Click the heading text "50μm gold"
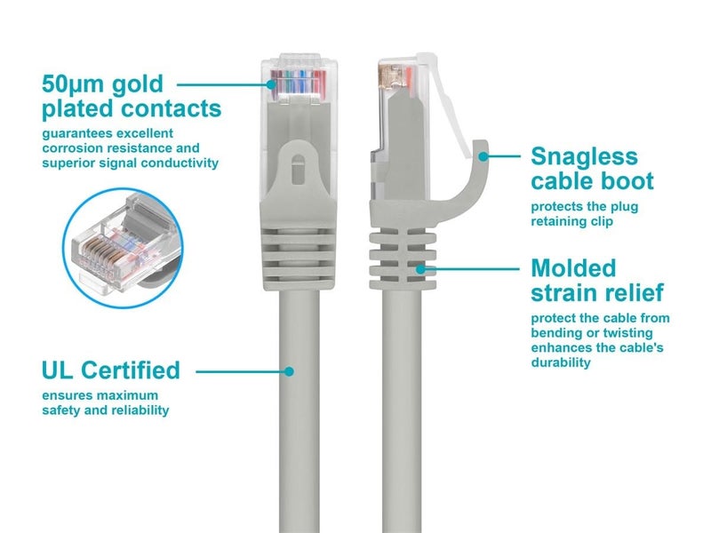(x=102, y=84)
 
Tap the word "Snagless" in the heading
(x=584, y=156)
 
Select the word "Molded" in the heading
(x=572, y=267)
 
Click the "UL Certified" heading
(x=110, y=370)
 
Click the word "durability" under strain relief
(x=561, y=362)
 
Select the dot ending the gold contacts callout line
(x=272, y=85)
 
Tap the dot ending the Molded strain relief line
(x=422, y=267)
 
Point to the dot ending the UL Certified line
(x=288, y=370)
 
